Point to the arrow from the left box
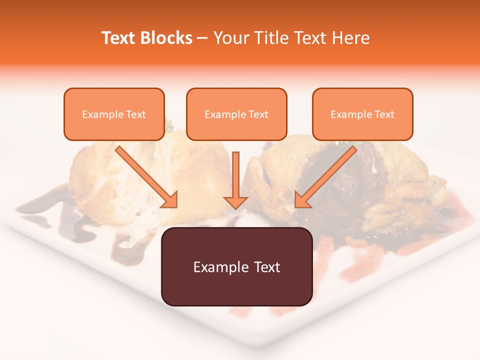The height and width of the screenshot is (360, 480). pos(145,175)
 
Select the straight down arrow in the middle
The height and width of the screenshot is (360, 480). pos(236,177)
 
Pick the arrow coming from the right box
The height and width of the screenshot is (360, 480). pos(327,175)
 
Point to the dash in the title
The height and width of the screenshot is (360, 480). pos(202,38)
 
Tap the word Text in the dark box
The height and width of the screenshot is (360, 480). pos(266,267)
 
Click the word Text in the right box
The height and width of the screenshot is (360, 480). pos(384,114)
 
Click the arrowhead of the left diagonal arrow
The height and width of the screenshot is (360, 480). pos(170,200)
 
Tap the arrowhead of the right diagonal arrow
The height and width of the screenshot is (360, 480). pos(302,200)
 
